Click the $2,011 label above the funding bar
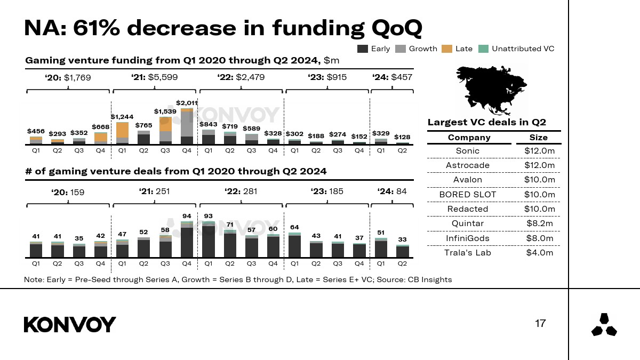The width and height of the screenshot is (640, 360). point(187,103)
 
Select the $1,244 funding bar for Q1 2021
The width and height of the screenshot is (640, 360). point(122,133)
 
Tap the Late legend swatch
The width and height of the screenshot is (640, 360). point(446,49)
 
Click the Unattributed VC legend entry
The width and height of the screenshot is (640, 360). point(523,49)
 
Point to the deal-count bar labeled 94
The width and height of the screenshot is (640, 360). point(187,240)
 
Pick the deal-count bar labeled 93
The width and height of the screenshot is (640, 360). point(209,240)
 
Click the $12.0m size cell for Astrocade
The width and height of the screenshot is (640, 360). point(539,165)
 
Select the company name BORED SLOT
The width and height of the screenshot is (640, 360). point(467,194)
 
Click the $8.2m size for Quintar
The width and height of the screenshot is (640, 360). point(539,223)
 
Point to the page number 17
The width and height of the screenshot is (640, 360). point(540,323)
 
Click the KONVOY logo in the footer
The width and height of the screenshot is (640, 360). point(70,324)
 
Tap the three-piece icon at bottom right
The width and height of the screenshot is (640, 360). point(604,325)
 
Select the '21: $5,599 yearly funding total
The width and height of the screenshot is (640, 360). point(154,77)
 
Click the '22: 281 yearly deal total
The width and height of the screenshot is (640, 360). point(241,191)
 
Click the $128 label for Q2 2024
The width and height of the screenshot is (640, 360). point(402,137)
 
